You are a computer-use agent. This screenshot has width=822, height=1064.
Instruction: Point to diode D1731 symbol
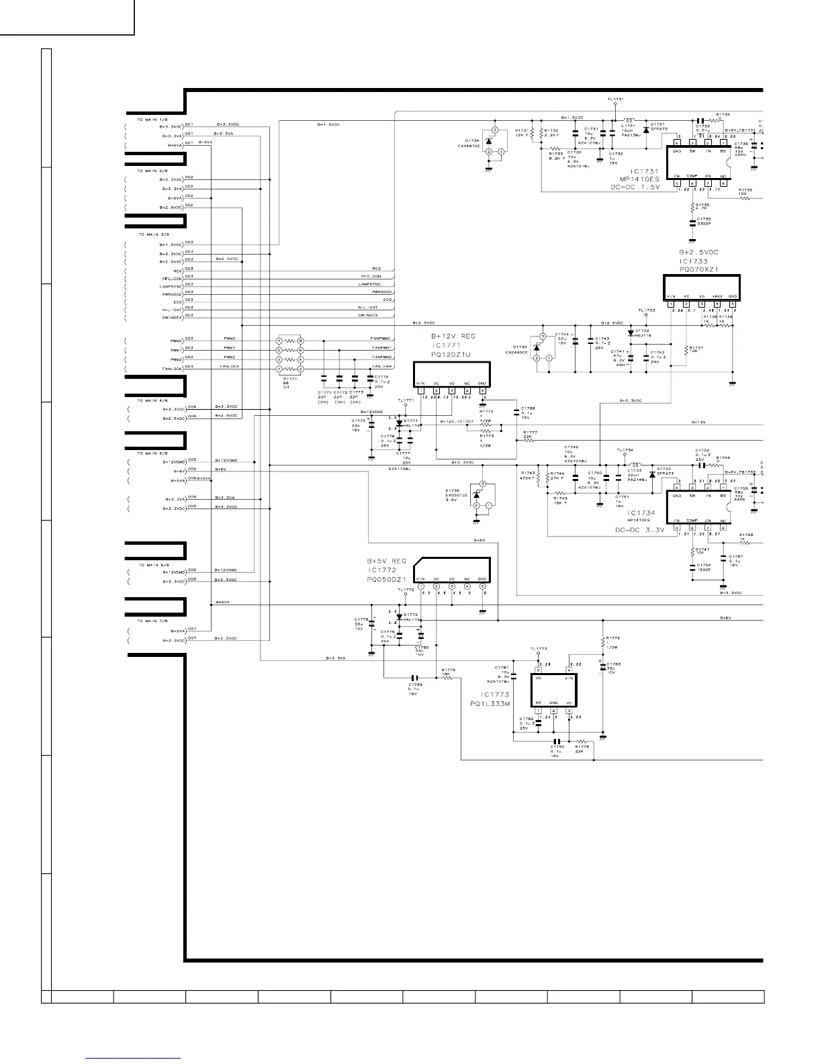pyautogui.click(x=646, y=129)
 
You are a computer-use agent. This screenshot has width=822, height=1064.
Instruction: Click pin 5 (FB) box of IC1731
pyautogui.click(x=677, y=182)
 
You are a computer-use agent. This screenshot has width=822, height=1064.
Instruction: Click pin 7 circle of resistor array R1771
pyautogui.click(x=279, y=341)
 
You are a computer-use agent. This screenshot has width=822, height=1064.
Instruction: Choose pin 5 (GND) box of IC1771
pyautogui.click(x=482, y=390)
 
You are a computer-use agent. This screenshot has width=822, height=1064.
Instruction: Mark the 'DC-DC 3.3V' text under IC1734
pyautogui.click(x=640, y=530)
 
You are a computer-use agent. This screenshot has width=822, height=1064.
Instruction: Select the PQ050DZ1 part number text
pyautogui.click(x=386, y=578)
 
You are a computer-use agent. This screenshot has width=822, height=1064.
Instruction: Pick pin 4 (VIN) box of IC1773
pyautogui.click(x=569, y=670)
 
